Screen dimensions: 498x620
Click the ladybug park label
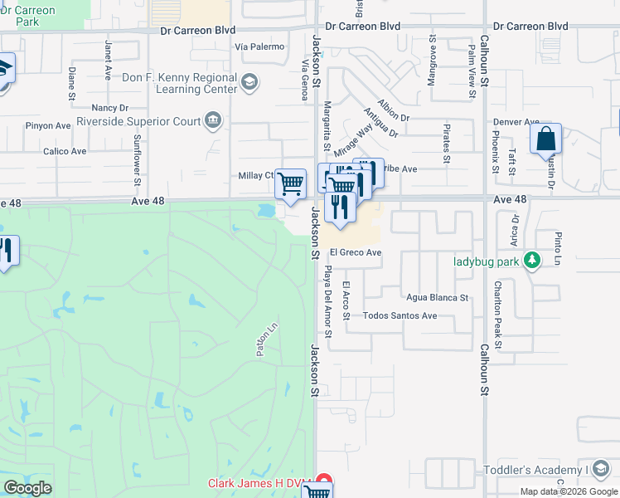click(x=487, y=261)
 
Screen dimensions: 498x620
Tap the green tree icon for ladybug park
click(x=533, y=261)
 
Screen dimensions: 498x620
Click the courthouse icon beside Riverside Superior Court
click(x=213, y=121)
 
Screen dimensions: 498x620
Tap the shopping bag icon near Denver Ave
click(x=546, y=139)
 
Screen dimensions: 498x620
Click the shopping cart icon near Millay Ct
click(x=290, y=183)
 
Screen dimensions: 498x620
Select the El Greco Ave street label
click(x=355, y=252)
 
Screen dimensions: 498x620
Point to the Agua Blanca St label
click(x=438, y=297)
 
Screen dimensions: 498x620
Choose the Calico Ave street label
click(x=65, y=152)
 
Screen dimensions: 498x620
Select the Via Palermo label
click(x=259, y=46)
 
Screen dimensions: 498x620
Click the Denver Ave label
click(x=516, y=122)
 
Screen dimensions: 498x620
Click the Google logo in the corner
click(x=27, y=488)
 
